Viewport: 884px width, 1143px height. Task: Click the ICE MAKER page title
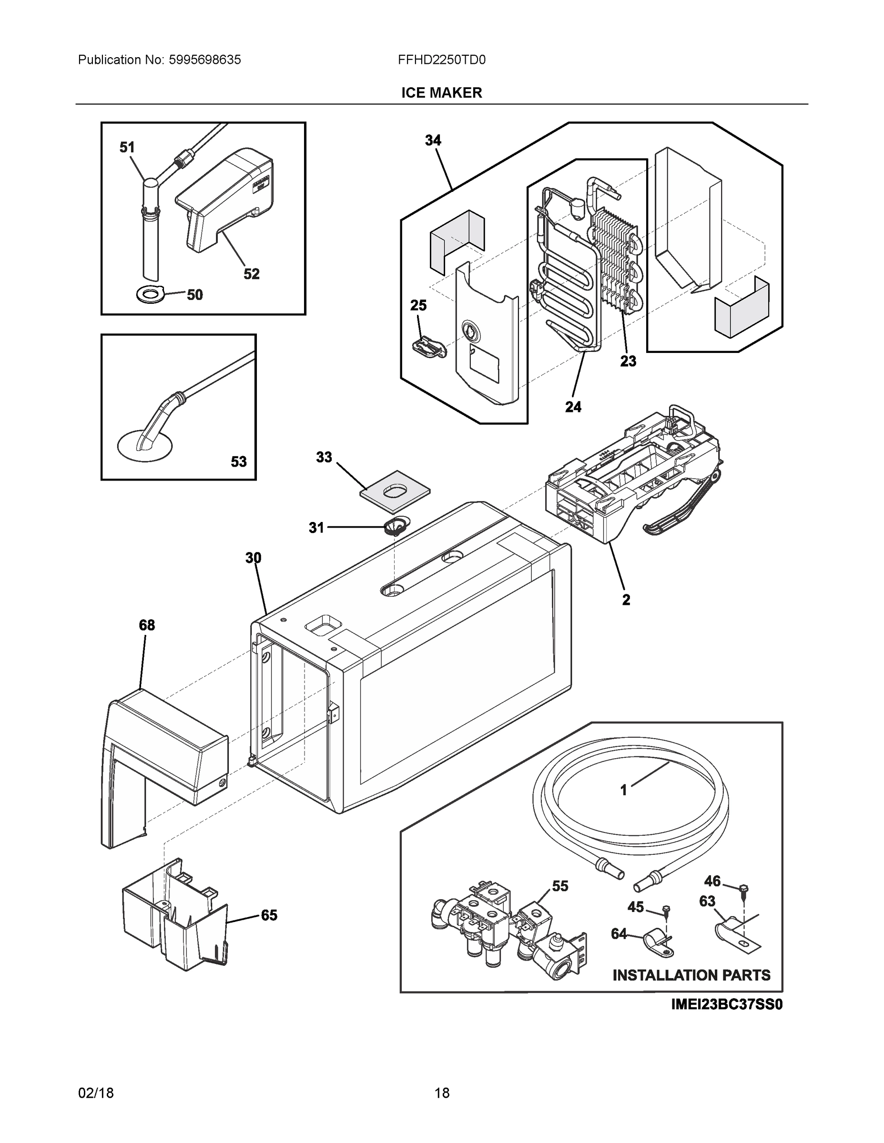point(441,93)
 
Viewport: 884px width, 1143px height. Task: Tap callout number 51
point(127,148)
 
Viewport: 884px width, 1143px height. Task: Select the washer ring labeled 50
point(151,295)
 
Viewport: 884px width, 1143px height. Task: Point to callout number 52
point(251,274)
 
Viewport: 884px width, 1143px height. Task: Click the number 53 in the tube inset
point(238,461)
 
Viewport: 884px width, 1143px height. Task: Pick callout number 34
point(433,140)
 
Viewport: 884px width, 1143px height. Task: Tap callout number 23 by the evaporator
point(628,361)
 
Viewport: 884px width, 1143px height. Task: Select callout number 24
point(573,407)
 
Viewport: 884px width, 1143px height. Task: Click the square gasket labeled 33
point(395,491)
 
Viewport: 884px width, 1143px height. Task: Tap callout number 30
point(253,558)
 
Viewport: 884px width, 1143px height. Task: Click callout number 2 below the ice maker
point(626,600)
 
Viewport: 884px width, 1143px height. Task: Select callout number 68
point(147,625)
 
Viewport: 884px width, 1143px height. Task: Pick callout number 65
point(269,915)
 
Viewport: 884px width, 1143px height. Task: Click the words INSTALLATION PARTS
point(691,975)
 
